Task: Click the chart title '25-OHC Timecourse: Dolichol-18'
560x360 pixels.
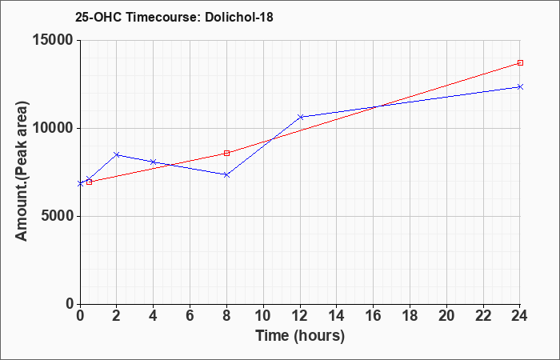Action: pos(174,17)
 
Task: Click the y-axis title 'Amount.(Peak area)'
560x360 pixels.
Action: pos(22,171)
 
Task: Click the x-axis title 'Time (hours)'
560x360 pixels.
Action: pos(300,336)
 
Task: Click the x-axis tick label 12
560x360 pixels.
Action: pos(300,316)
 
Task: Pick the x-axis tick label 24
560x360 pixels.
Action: pos(520,316)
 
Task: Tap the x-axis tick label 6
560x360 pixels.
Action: pos(190,316)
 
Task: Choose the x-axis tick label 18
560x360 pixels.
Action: pos(410,316)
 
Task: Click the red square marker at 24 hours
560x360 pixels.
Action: pos(520,63)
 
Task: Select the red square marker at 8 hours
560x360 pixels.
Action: pos(226,154)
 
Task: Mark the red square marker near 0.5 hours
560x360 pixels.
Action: pos(90,182)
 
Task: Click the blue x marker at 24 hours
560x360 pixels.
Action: pos(520,86)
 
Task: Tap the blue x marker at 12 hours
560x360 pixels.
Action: pos(300,117)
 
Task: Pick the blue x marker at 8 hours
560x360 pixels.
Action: pos(226,174)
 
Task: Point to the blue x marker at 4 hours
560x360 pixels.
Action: pos(154,162)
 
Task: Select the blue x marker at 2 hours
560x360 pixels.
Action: pos(117,154)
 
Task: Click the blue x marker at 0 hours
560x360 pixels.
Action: pos(80,183)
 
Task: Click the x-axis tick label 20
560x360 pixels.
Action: pos(446,316)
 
